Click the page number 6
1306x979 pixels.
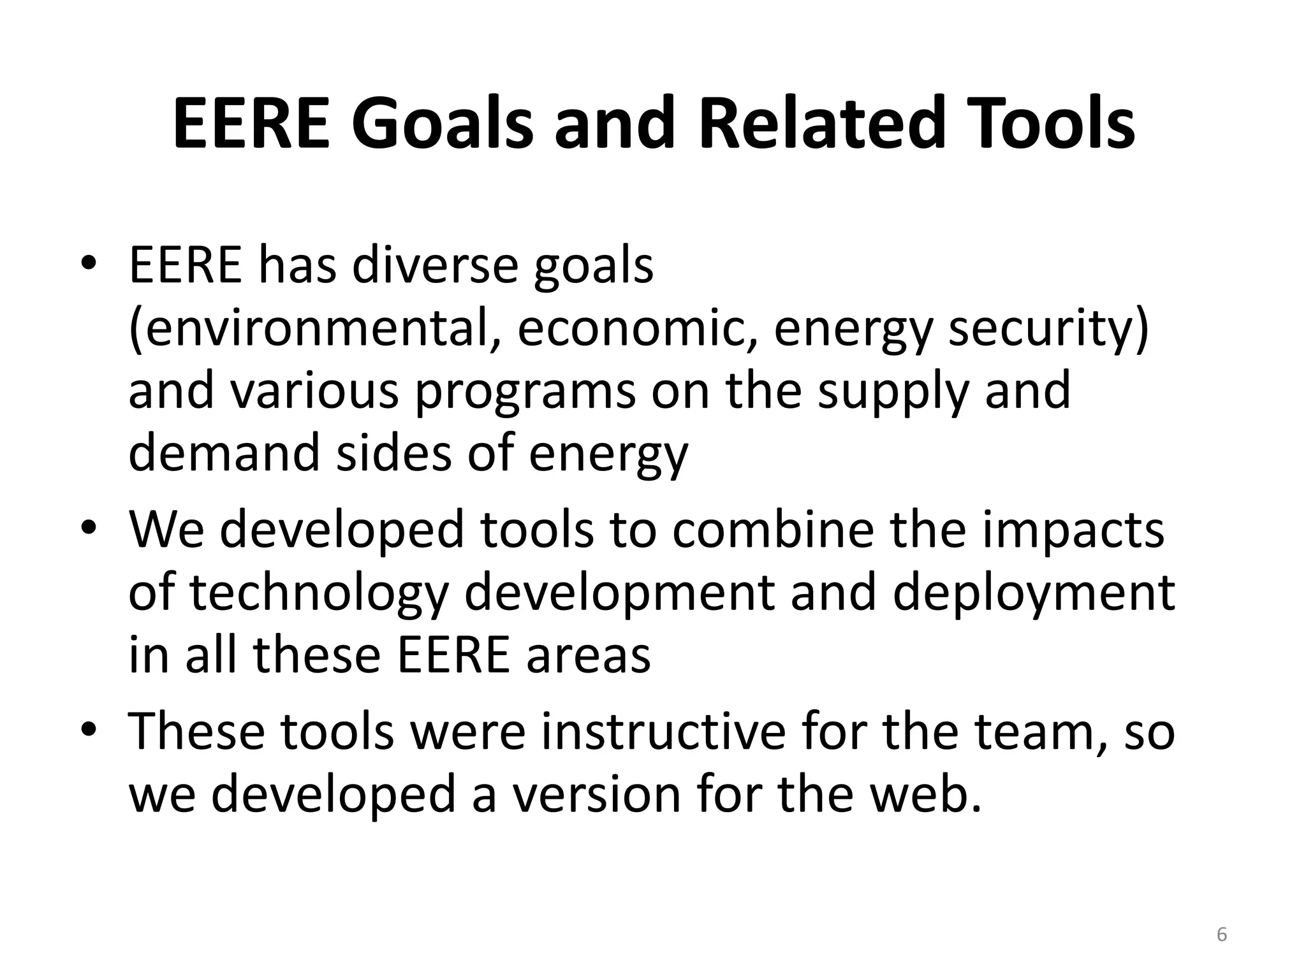tap(1222, 934)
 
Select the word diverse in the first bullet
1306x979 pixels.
tap(434, 265)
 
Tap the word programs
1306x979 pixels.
tap(525, 391)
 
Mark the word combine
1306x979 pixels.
tap(772, 530)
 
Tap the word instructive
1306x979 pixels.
tap(663, 732)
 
